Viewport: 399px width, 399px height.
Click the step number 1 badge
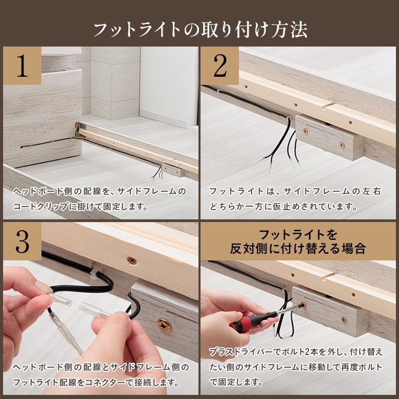coord(22,65)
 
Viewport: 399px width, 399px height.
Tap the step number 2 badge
coord(219,65)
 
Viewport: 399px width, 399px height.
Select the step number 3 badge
coord(22,241)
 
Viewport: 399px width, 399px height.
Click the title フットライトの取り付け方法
coord(200,30)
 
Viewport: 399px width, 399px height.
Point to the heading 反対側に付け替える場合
coord(298,249)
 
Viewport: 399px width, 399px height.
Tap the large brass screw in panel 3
coord(164,325)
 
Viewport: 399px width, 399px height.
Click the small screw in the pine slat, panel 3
coord(132,260)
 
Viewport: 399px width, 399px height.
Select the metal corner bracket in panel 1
coord(80,130)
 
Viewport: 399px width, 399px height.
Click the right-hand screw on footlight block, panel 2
coord(342,145)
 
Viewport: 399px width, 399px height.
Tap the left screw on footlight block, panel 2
coord(304,131)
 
